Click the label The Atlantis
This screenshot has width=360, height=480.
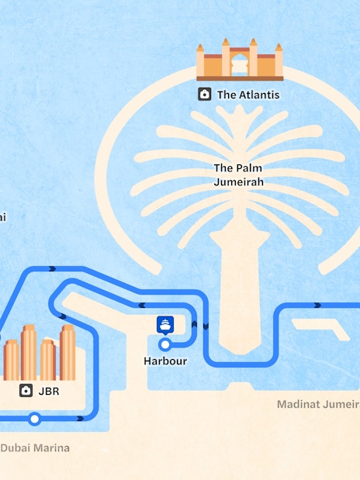click(x=247, y=95)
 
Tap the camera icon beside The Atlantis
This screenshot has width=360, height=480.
click(x=204, y=95)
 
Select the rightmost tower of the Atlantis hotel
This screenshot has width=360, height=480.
click(x=278, y=60)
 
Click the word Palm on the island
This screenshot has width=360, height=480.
click(x=251, y=168)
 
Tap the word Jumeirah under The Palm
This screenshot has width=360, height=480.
click(x=239, y=182)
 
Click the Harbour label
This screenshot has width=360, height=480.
click(x=165, y=361)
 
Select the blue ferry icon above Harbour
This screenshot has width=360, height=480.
click(x=164, y=325)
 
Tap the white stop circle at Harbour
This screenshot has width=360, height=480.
click(x=164, y=344)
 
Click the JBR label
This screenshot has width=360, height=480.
click(x=48, y=392)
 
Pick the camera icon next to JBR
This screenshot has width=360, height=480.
click(x=26, y=391)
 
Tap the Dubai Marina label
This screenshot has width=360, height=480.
click(x=34, y=447)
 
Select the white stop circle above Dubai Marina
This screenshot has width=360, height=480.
click(x=34, y=420)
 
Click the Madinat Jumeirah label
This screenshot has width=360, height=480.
click(x=319, y=404)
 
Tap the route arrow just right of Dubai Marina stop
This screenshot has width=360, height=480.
click(x=80, y=419)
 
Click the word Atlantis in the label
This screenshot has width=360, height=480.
click(x=258, y=95)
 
